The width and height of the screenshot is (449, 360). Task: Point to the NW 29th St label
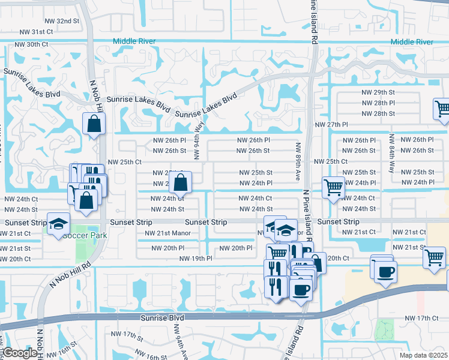(378, 92)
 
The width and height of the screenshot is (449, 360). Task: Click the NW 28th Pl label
(378, 103)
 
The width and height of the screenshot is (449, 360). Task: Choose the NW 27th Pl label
(331, 124)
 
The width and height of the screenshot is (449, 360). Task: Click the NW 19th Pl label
(196, 259)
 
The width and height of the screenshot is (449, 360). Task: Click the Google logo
(20, 353)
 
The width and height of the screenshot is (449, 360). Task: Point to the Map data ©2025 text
(423, 355)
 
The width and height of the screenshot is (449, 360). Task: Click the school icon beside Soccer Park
(58, 225)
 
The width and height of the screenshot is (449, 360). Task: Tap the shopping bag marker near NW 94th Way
(180, 183)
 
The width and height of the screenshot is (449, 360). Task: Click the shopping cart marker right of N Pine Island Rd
(333, 187)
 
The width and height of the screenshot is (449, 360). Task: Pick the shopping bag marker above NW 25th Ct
(94, 124)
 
